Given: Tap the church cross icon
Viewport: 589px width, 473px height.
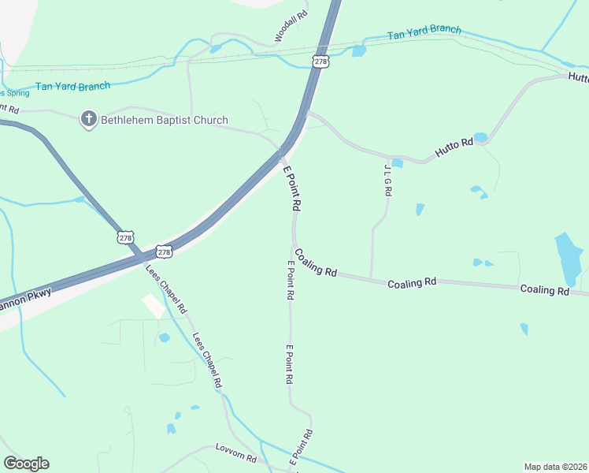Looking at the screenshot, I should [88, 120].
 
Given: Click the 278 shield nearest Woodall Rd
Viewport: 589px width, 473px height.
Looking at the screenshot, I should [320, 61].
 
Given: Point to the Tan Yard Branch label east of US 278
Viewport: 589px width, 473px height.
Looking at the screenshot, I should [424, 32].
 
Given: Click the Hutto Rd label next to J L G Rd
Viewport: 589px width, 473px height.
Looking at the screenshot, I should [455, 146].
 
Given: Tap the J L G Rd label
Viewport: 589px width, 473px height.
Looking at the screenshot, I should [387, 181].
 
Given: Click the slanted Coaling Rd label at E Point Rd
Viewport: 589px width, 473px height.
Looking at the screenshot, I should [315, 263].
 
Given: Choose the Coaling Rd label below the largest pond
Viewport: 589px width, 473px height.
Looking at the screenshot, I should [544, 290].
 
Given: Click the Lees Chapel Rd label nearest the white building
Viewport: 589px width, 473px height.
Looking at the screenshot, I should [166, 287].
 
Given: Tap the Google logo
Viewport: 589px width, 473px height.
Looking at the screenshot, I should [26, 464].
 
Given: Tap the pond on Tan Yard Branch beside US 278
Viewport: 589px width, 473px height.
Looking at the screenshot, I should [358, 51].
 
